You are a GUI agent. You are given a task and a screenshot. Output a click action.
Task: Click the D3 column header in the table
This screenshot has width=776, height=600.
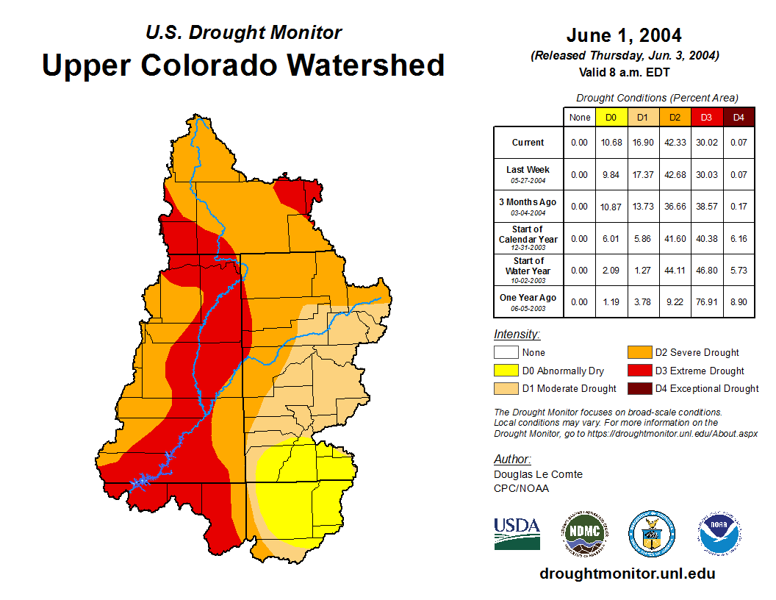pyautogui.click(x=706, y=118)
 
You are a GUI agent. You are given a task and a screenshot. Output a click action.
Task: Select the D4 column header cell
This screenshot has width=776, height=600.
pyautogui.click(x=739, y=118)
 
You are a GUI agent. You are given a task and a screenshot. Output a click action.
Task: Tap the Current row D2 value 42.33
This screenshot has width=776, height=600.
pyautogui.click(x=674, y=143)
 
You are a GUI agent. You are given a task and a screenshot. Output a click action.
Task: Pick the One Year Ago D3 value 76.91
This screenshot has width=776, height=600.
pyautogui.click(x=706, y=301)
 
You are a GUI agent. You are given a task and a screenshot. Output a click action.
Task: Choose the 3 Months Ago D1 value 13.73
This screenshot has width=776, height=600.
pyautogui.click(x=642, y=207)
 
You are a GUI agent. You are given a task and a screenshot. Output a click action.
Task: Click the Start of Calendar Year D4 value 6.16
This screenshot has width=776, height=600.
pyautogui.click(x=739, y=238)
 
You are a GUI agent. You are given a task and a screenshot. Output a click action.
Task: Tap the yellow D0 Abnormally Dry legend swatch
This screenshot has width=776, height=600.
pyautogui.click(x=506, y=371)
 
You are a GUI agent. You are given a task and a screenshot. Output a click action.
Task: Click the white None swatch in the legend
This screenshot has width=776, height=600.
pyautogui.click(x=506, y=352)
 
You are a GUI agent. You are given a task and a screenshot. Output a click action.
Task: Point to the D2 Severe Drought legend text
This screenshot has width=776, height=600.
pyautogui.click(x=697, y=353)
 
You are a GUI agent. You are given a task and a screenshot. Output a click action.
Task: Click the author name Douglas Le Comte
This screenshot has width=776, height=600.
pyautogui.click(x=538, y=474)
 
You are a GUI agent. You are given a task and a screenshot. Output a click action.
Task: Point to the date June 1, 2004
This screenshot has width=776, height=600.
pyautogui.click(x=624, y=35)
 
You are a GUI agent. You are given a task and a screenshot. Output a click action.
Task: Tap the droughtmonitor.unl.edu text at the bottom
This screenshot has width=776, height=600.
pyautogui.click(x=627, y=574)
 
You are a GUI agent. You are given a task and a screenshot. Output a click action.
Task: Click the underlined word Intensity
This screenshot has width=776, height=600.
pyautogui.click(x=517, y=335)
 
